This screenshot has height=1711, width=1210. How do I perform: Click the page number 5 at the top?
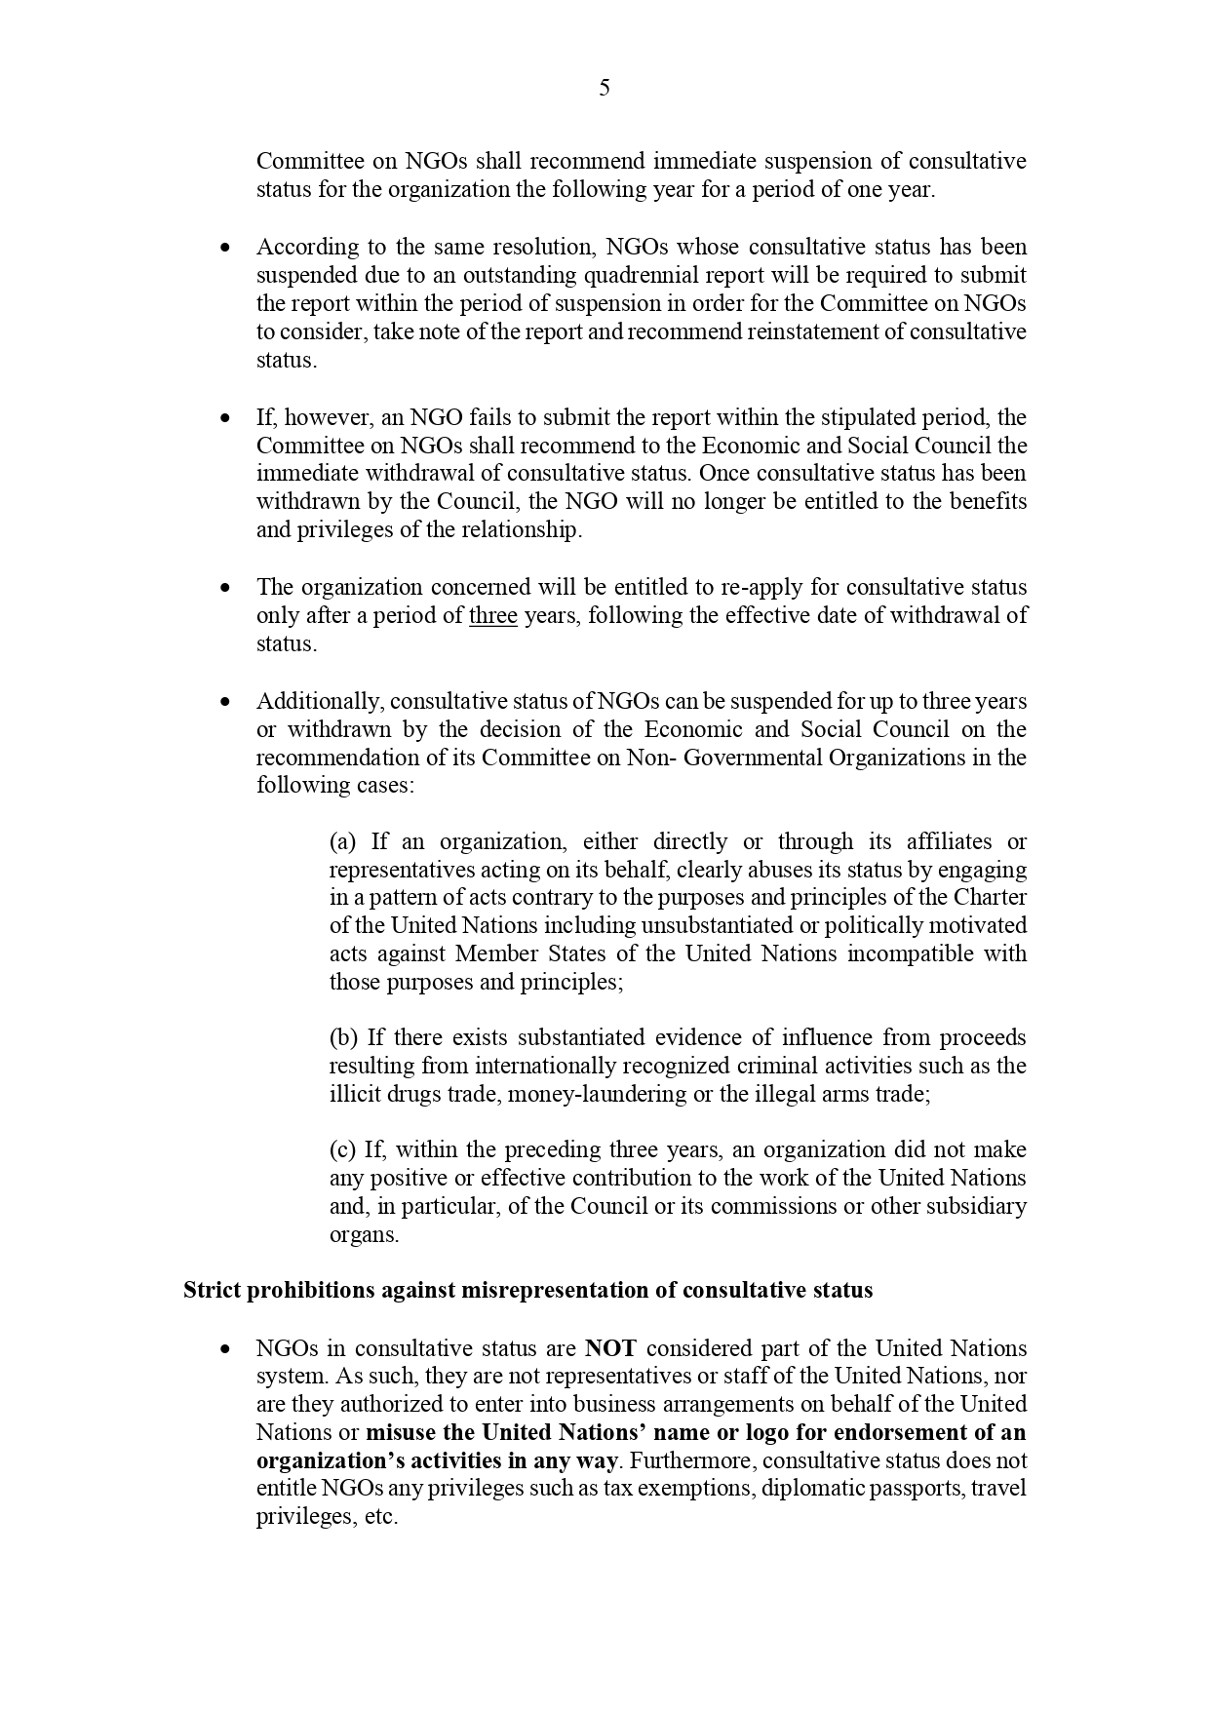click(605, 88)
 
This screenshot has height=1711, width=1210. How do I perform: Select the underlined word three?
click(493, 615)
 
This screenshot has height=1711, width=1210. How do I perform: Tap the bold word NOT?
click(610, 1348)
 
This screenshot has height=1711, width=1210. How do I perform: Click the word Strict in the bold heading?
click(211, 1290)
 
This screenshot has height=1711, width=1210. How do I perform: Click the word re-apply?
click(758, 587)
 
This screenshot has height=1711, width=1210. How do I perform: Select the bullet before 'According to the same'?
click(226, 248)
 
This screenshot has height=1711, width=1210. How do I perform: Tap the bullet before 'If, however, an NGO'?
click(226, 417)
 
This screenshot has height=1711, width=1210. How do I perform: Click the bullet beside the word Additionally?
click(226, 701)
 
